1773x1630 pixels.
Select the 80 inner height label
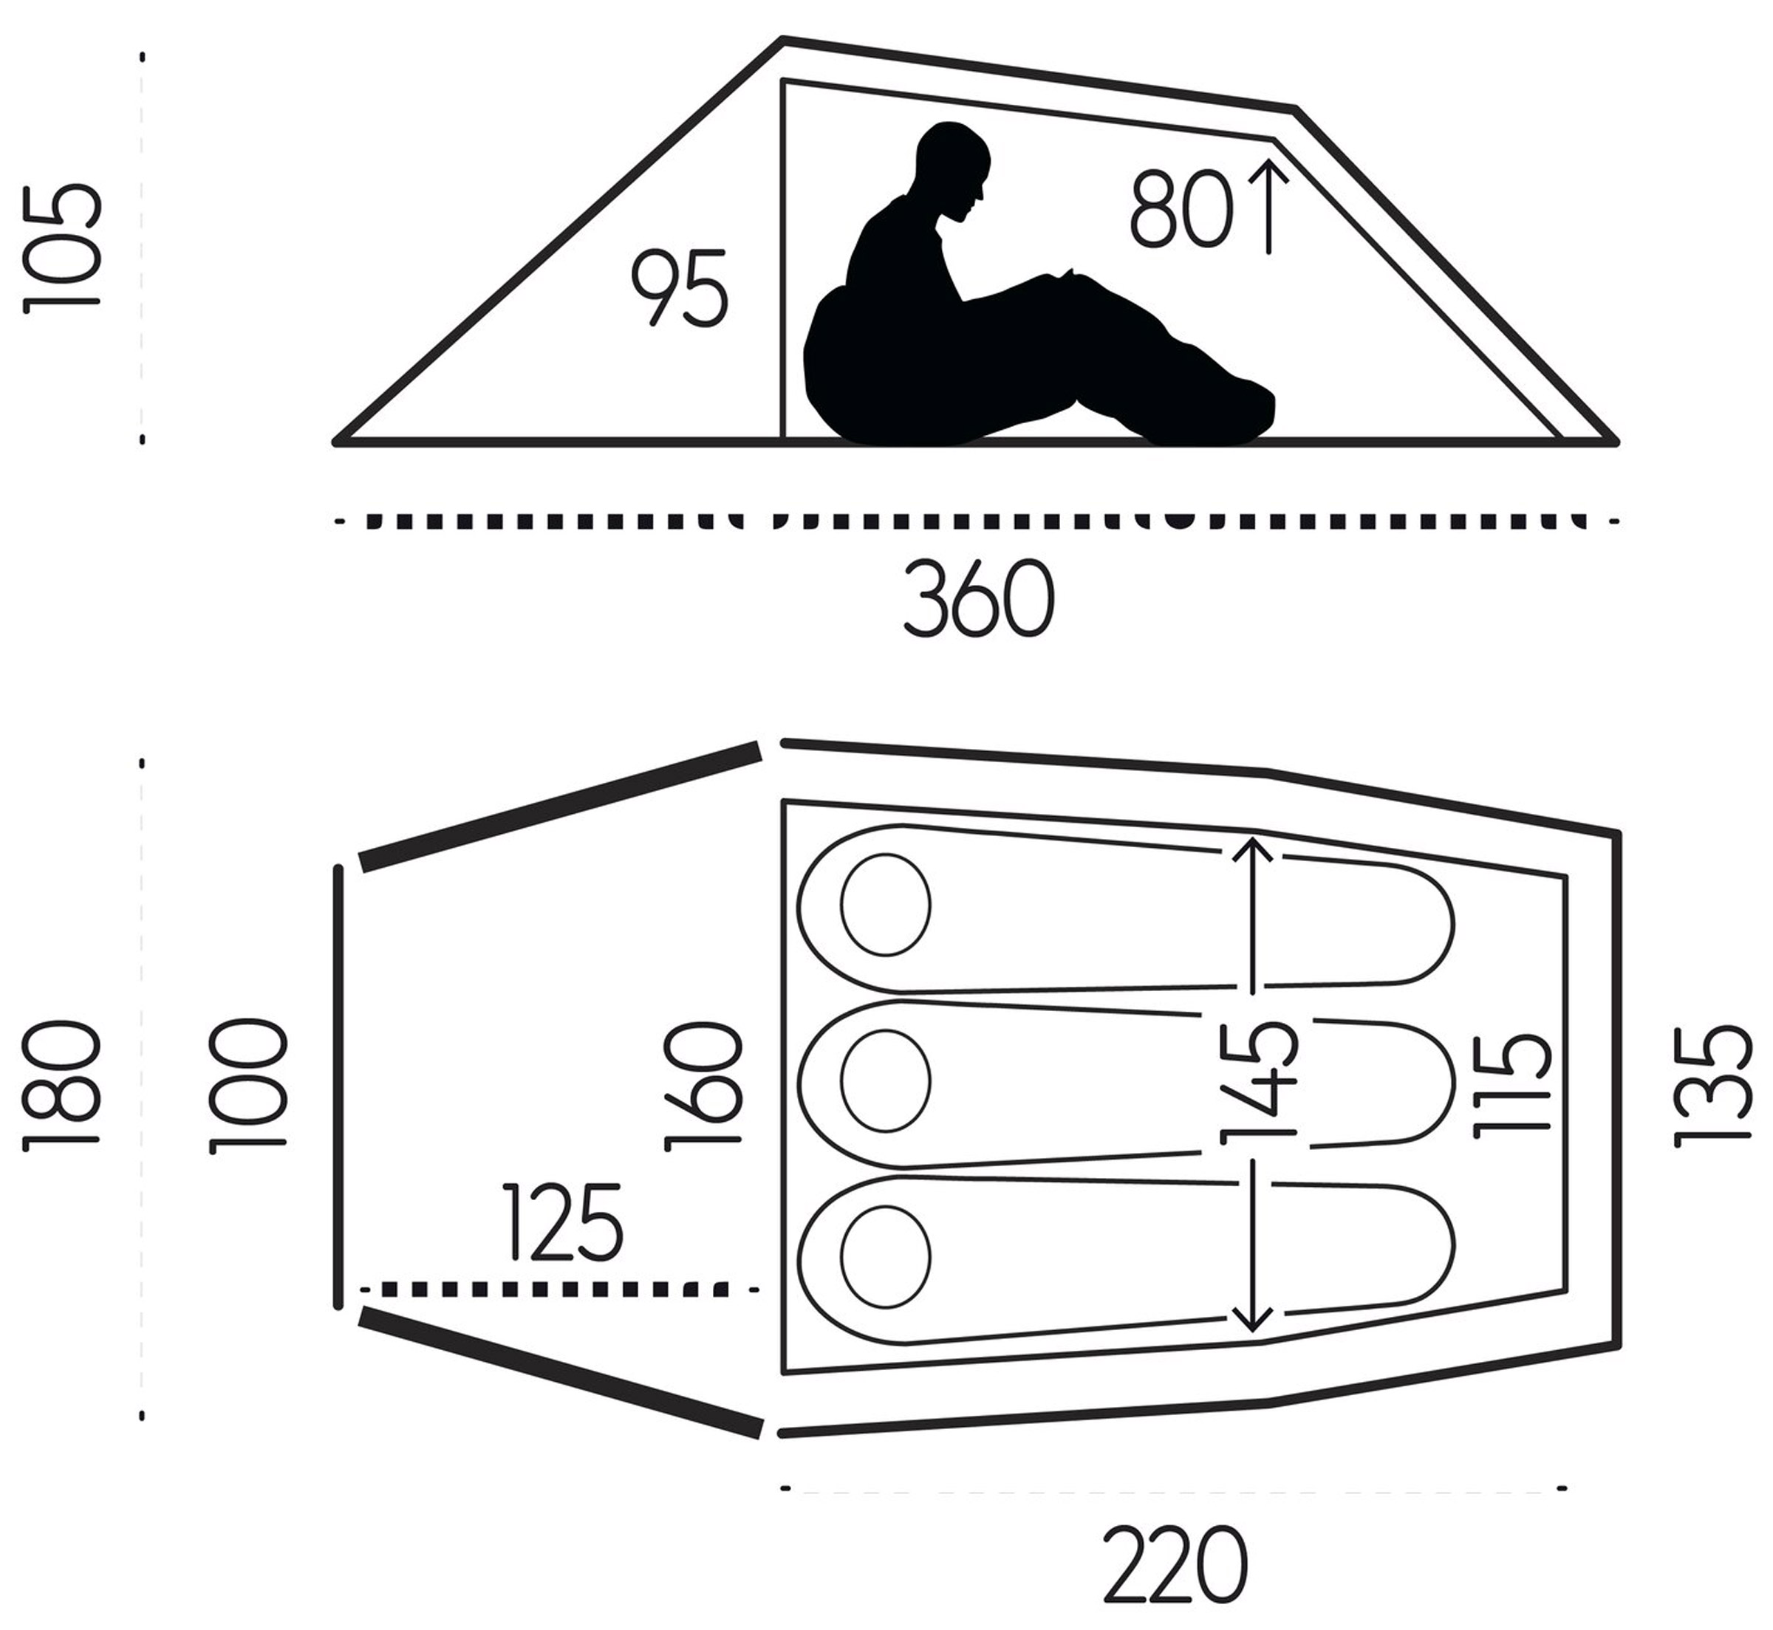point(1181,208)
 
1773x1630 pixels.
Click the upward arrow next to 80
point(1268,205)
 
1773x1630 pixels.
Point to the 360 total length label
point(979,597)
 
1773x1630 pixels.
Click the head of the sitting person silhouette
point(953,172)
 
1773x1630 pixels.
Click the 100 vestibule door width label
point(248,1086)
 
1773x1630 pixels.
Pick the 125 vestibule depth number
point(563,1222)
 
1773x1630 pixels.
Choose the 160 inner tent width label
point(703,1086)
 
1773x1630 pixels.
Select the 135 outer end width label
point(1712,1086)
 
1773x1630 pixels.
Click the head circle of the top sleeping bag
point(886,904)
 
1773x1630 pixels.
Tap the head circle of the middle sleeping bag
point(886,1081)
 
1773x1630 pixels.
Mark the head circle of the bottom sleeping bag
point(886,1256)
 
